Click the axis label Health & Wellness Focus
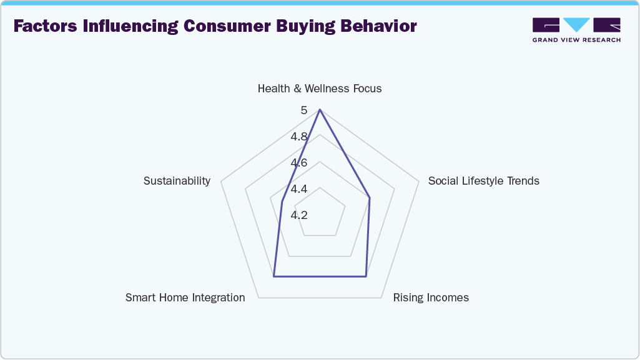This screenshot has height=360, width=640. (x=320, y=89)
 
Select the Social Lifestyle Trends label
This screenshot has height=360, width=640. (x=484, y=180)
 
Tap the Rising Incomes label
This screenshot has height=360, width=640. (x=431, y=298)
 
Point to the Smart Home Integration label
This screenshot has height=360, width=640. (x=185, y=298)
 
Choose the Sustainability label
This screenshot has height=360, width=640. (x=177, y=180)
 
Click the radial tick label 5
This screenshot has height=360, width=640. (x=303, y=110)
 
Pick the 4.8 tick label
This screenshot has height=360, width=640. (x=299, y=137)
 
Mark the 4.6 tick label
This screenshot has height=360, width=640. (x=299, y=163)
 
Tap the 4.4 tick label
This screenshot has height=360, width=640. (x=299, y=189)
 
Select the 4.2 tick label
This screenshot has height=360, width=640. (x=299, y=215)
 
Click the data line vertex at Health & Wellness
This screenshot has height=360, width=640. (x=320, y=110)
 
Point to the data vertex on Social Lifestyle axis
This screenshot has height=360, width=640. (x=370, y=198)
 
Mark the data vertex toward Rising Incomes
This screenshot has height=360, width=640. (x=366, y=276)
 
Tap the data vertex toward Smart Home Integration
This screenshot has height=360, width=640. (x=274, y=276)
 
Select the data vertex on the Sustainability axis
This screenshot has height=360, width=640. (x=282, y=202)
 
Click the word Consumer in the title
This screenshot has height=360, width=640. (x=227, y=26)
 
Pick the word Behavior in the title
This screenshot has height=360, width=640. (x=379, y=26)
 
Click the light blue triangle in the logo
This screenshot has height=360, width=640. (x=577, y=24)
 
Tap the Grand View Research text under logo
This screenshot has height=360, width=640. (x=576, y=40)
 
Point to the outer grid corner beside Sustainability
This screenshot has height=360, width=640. (x=221, y=182)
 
